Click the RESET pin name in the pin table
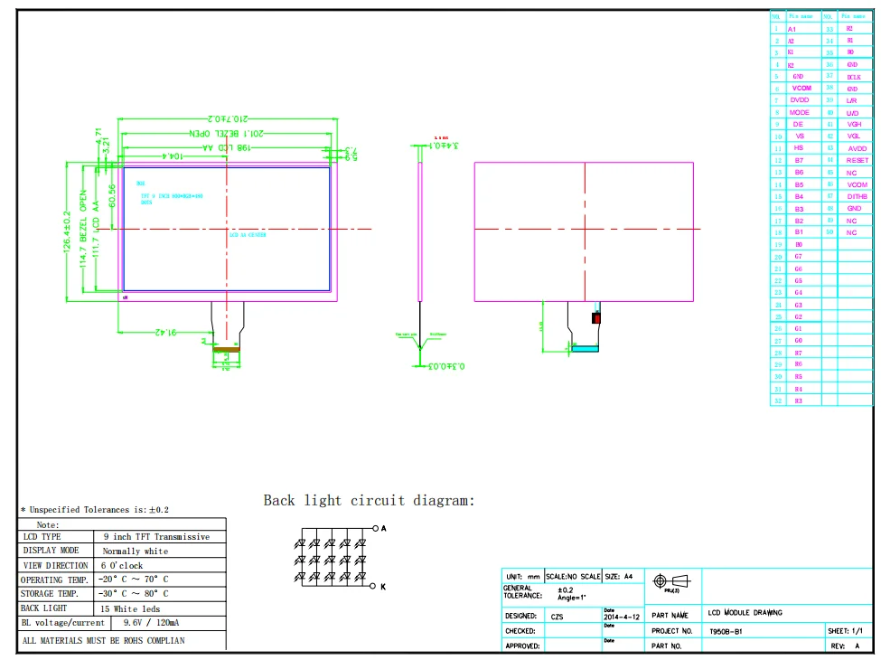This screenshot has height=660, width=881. tap(857, 160)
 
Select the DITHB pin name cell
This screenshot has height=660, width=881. tap(857, 196)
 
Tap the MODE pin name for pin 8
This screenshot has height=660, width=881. tap(800, 112)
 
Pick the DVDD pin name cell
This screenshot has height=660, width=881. tap(800, 100)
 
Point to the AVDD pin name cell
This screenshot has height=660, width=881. tap(857, 148)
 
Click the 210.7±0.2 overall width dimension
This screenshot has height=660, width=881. tap(228, 119)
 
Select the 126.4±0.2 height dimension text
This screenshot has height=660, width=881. tap(67, 232)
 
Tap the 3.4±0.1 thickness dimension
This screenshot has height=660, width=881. tap(442, 145)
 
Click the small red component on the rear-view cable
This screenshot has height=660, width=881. tap(596, 317)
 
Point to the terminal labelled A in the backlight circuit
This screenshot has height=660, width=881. tap(384, 528)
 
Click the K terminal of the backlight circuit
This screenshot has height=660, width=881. tap(384, 587)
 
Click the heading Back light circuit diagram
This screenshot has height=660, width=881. tap(369, 500)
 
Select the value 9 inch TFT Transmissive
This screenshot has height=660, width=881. tap(155, 537)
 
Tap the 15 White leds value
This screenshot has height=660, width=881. tap(135, 608)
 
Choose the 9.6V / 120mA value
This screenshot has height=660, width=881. tap(150, 623)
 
